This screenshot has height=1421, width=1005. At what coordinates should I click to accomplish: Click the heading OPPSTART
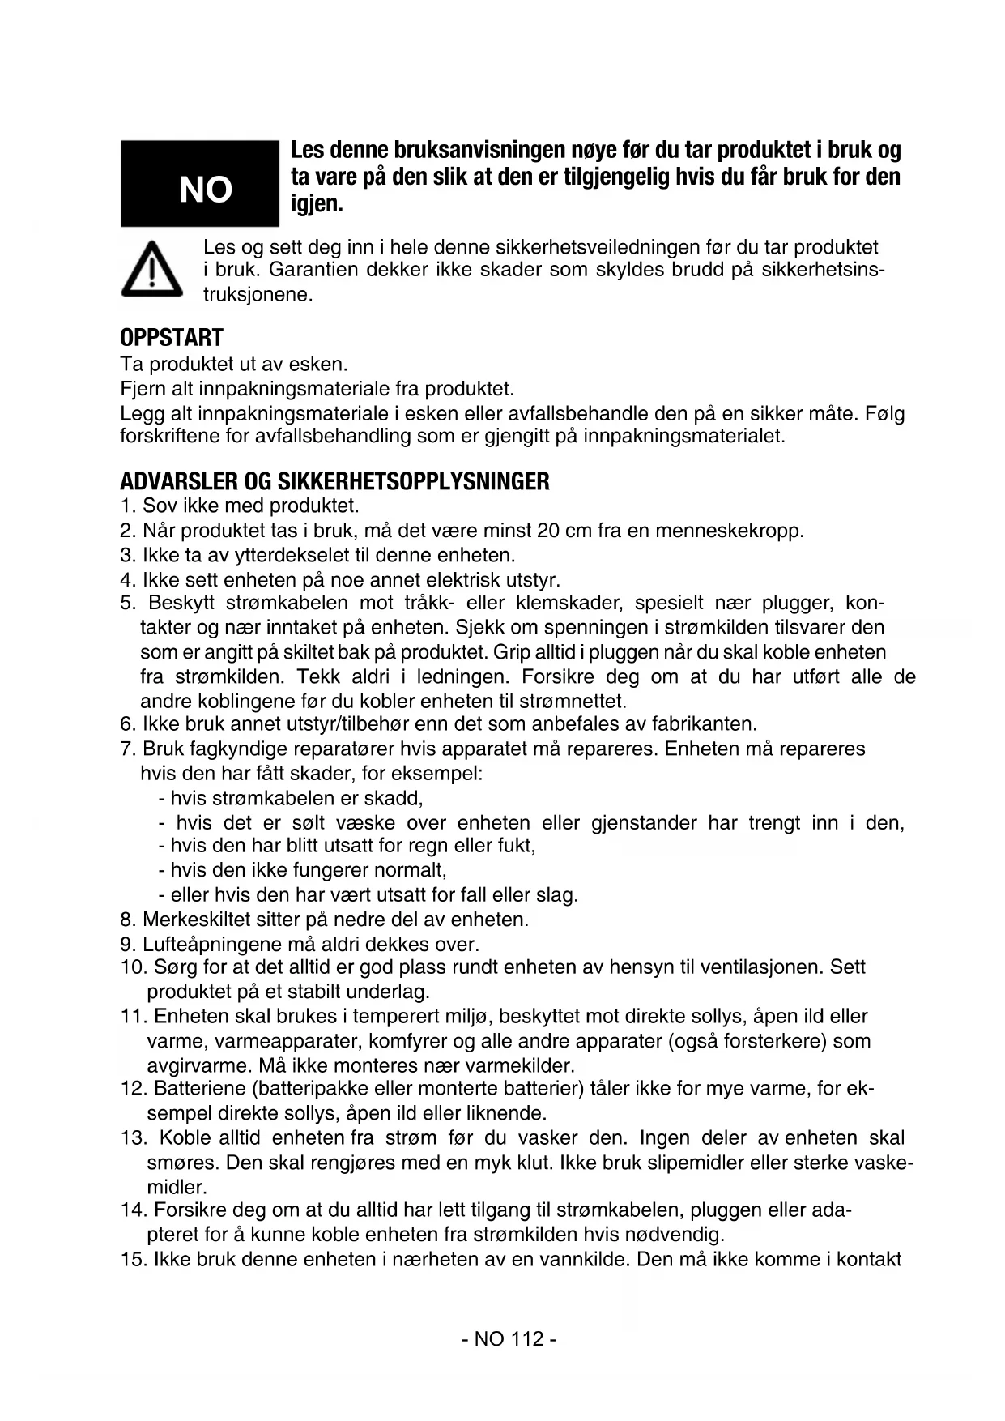click(171, 337)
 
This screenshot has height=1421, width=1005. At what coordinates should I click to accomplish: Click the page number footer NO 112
click(509, 1338)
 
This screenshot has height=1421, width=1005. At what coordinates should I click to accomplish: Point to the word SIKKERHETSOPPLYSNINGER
click(413, 482)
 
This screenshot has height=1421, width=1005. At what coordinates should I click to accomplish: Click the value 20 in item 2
click(548, 531)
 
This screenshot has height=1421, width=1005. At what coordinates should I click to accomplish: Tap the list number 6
click(126, 723)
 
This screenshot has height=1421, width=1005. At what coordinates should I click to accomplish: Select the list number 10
click(132, 967)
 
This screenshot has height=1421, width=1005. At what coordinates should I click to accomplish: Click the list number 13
click(132, 1138)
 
